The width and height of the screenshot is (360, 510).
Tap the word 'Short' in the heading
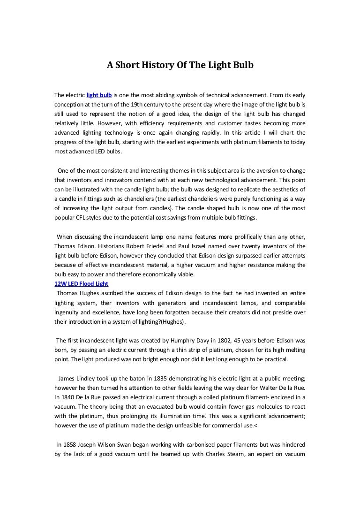[126, 65]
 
